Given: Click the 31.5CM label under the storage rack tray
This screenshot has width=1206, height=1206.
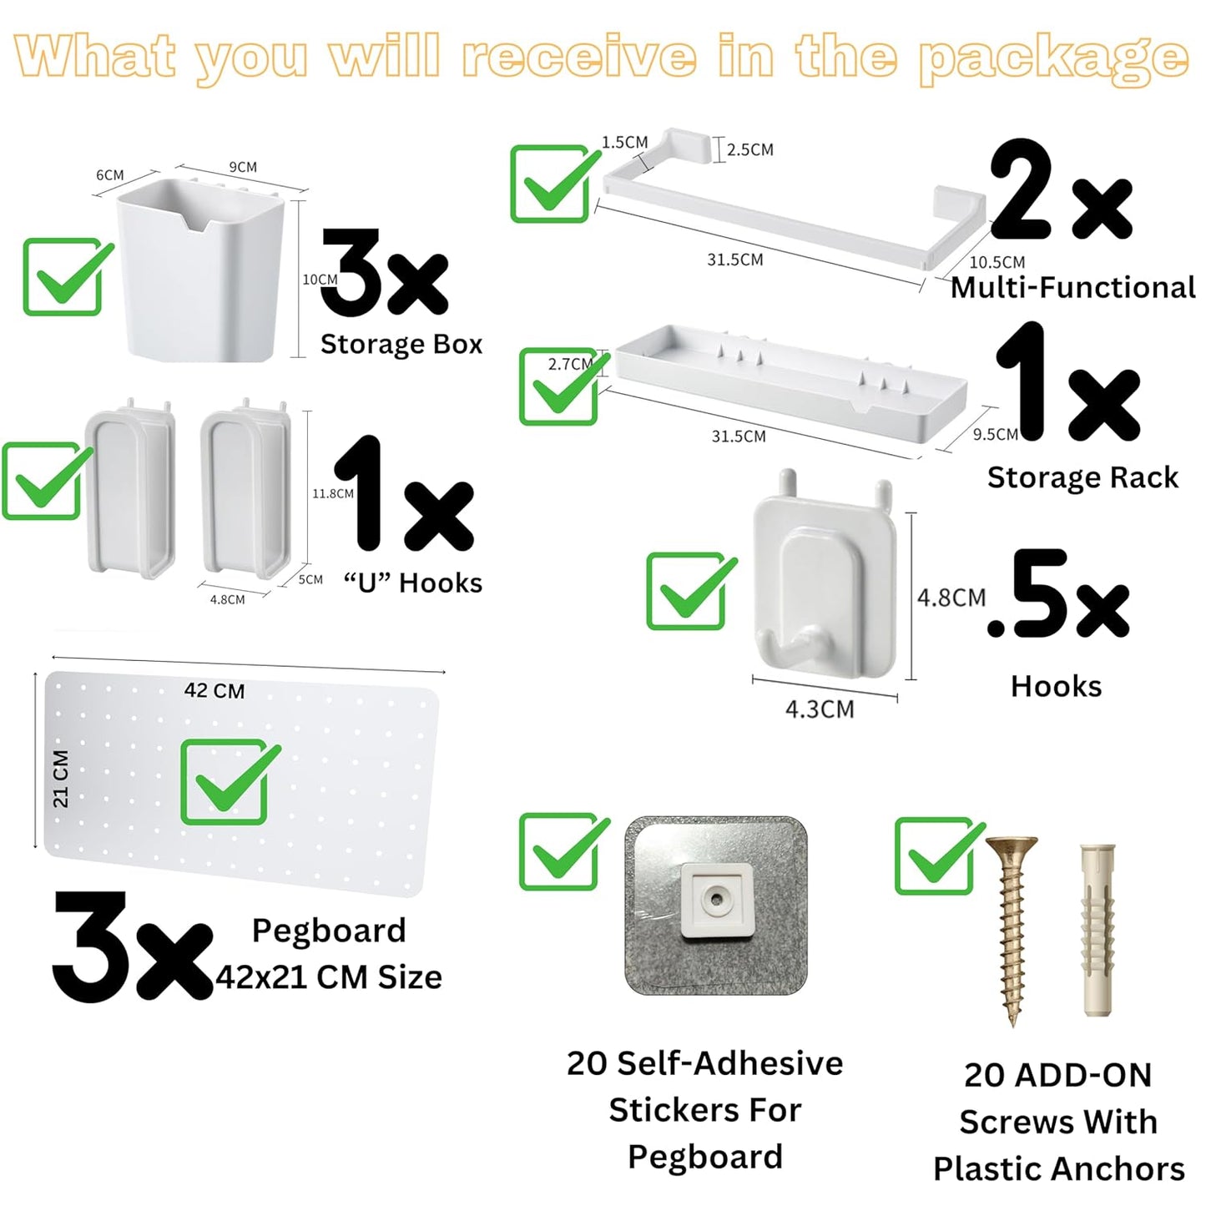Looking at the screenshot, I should pos(739,436).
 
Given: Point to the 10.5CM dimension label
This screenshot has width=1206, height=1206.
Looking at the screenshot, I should pos(997,262).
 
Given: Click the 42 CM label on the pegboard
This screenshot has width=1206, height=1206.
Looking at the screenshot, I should pos(214,691).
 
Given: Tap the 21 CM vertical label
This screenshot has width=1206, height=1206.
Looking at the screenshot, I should pos(61,779).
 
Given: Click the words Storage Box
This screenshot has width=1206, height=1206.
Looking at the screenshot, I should pos(401,344).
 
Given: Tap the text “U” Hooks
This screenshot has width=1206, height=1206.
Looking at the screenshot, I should pos(413,583).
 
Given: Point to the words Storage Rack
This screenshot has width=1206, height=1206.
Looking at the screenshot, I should pos(1082,477).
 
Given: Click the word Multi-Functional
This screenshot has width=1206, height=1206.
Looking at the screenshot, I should pos(1073,288).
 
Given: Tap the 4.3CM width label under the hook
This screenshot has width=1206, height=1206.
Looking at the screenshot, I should pos(820,709).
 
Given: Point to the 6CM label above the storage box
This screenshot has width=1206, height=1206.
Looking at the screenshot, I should pos(110,175).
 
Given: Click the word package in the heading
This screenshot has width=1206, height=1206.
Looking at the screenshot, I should pos(1053,58).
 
